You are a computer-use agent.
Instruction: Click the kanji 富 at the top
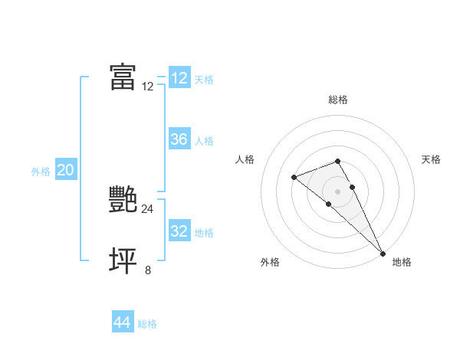[x=123, y=77]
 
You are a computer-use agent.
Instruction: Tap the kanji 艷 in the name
[x=123, y=199]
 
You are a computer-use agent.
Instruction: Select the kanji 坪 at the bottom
[x=123, y=260]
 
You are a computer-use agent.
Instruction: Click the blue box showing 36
[x=179, y=139]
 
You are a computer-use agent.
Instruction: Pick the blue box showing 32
[x=179, y=231]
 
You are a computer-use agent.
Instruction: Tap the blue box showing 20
[x=65, y=170]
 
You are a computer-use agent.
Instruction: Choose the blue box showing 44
[x=122, y=322]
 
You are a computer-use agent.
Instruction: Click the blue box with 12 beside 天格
[x=179, y=78]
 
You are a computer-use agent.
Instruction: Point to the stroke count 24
[x=147, y=208]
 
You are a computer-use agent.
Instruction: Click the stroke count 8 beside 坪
[x=148, y=270]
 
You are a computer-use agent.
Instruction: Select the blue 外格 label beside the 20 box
[x=41, y=172]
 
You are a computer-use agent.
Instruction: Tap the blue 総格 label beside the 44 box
[x=147, y=324]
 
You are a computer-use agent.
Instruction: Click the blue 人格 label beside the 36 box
[x=204, y=141]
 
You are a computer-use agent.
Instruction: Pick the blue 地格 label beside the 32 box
[x=204, y=233]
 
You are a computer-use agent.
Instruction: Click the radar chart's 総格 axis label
[x=337, y=100]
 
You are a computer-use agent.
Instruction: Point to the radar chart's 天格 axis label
[x=431, y=159]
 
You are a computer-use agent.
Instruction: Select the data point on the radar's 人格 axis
[x=294, y=177]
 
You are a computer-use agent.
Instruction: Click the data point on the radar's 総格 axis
[x=337, y=161]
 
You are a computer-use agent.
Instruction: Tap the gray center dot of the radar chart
[x=337, y=191]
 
